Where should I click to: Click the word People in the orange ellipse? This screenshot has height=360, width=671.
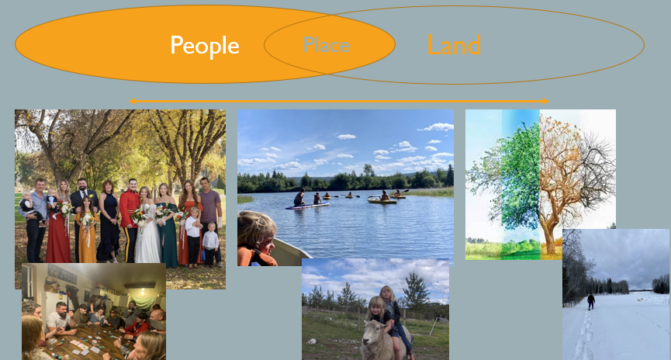coord(205,46)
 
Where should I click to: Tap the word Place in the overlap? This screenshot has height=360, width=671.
coord(327,45)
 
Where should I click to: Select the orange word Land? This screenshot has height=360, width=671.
coord(454,44)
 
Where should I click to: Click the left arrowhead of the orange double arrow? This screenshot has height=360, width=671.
coord(133,101)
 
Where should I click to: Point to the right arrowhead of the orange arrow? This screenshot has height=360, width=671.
coord(545,101)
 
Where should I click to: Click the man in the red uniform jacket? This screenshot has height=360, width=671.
coord(130,219)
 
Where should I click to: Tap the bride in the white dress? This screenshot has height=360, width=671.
coord(147,226)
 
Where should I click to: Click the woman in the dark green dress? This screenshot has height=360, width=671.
coord(167,224)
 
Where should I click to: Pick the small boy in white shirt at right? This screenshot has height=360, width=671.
coord(210,243)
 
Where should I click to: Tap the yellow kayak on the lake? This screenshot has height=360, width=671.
coord(382,200)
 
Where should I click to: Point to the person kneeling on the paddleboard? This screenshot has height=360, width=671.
coord(299,197)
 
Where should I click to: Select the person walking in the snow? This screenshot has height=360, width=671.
coord(591,302)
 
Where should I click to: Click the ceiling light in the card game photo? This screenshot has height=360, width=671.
coord(143,292)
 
